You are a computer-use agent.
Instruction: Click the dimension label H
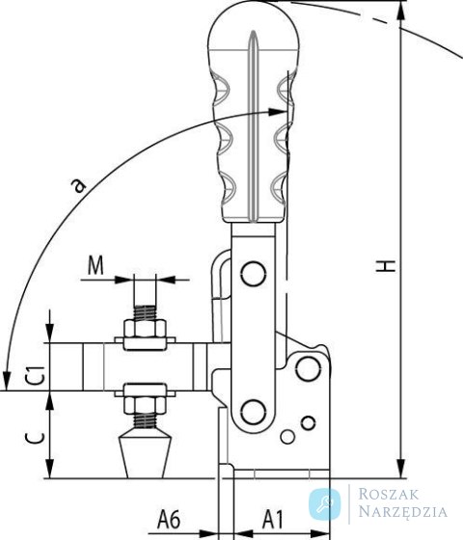pyautogui.click(x=386, y=266)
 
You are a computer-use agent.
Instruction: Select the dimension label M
pyautogui.click(x=95, y=265)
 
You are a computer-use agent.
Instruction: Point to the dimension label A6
pyautogui.click(x=169, y=519)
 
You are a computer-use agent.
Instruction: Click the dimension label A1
pyautogui.click(x=272, y=519)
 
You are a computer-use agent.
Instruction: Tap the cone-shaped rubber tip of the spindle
pyautogui.click(x=145, y=454)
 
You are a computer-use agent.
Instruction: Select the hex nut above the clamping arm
pyautogui.click(x=145, y=329)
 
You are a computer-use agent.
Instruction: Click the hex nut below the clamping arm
pyautogui.click(x=145, y=405)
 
